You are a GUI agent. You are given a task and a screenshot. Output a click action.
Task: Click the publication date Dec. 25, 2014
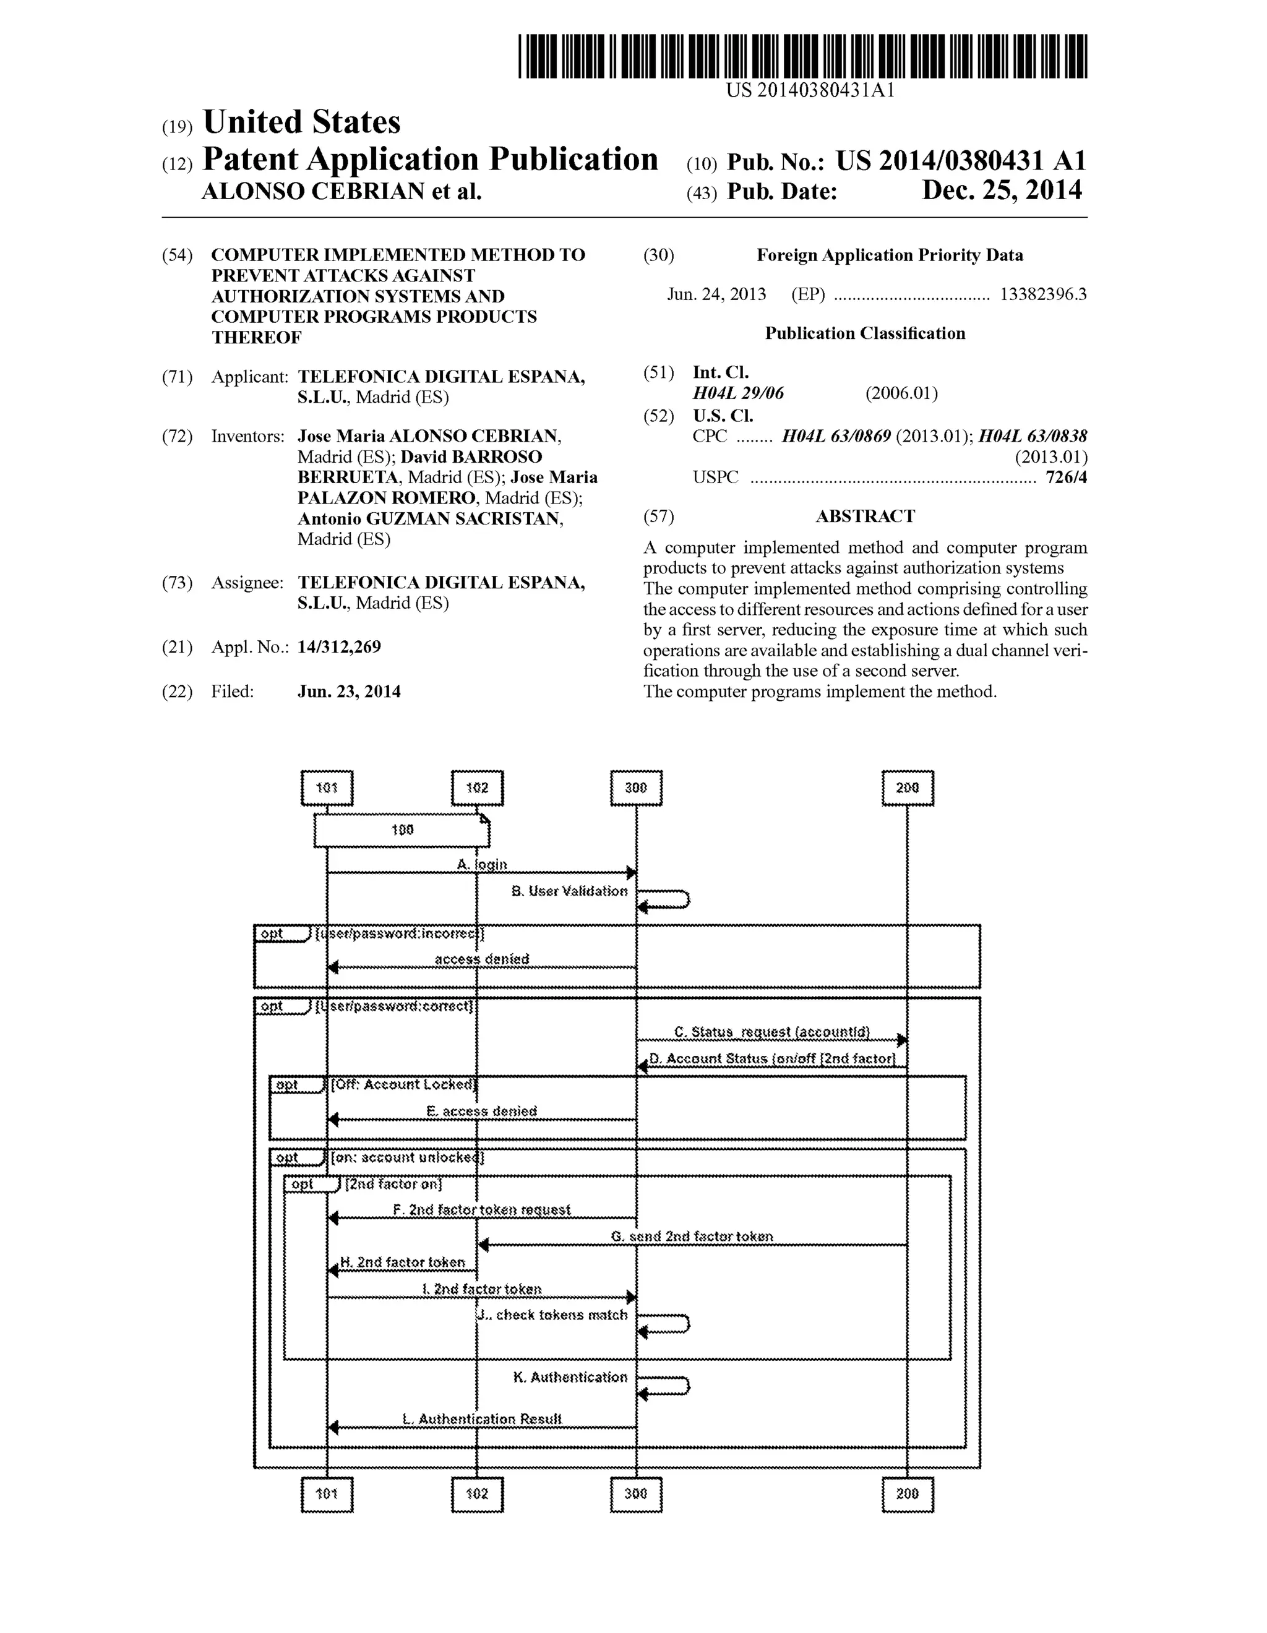[x=1002, y=191]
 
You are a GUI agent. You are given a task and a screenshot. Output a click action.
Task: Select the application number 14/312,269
[x=339, y=647]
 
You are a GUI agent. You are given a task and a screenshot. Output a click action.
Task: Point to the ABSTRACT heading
[x=865, y=516]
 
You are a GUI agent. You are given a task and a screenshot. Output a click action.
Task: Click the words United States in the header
[x=301, y=122]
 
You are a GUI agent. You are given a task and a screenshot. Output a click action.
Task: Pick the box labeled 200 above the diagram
[x=907, y=788]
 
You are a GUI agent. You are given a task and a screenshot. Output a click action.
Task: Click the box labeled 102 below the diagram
[x=477, y=1494]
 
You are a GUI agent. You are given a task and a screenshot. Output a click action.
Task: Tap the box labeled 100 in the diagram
[x=402, y=830]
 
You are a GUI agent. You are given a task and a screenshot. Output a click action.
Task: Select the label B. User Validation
[x=569, y=891]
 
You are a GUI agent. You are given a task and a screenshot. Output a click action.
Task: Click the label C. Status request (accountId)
[x=772, y=1032]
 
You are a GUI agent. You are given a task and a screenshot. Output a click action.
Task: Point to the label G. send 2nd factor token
[x=692, y=1237]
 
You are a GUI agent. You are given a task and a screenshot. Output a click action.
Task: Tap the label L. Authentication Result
[x=483, y=1419]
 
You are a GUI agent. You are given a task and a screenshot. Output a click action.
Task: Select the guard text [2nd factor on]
[x=393, y=1185]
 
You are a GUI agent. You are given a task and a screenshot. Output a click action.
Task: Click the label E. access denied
[x=482, y=1111]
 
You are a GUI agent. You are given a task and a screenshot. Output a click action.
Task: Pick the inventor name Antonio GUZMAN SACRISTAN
[x=430, y=519]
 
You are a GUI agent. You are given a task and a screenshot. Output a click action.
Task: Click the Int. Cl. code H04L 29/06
[x=738, y=393]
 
